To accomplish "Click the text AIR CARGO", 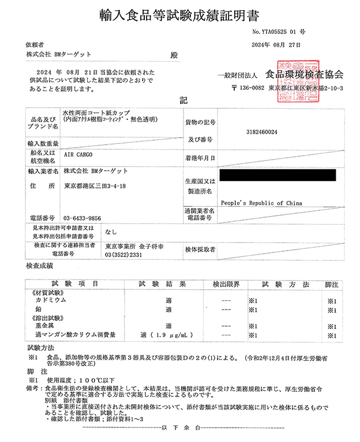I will pyautogui.click(x=77, y=155).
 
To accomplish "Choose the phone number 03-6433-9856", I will pyautogui.click(x=82, y=218).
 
